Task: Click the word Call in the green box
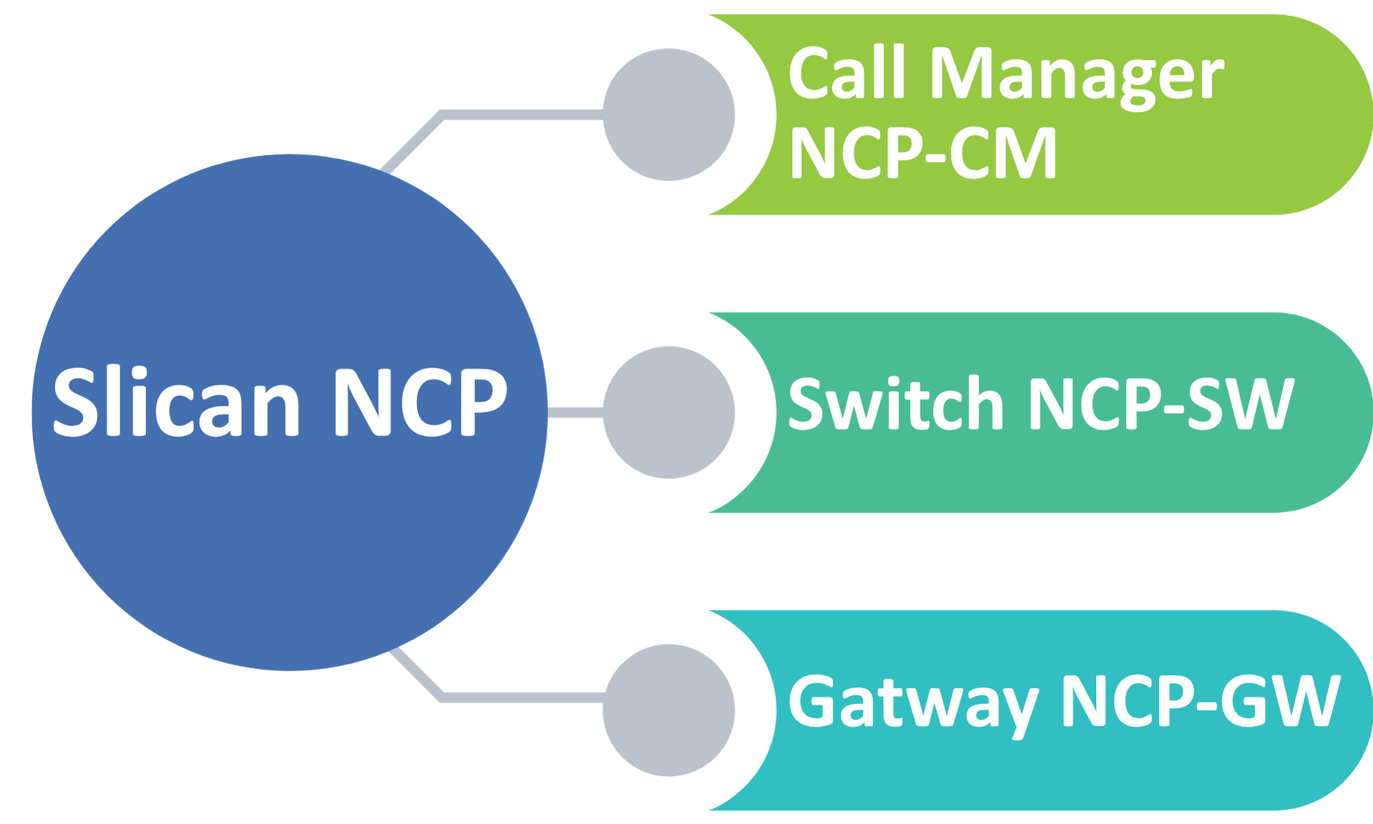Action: pos(848,74)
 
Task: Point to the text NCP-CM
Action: pos(923,152)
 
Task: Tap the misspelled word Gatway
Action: pos(912,703)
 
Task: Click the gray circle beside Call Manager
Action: pos(668,115)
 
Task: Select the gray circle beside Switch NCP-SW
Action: pos(668,412)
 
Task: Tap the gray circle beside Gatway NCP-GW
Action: pos(668,710)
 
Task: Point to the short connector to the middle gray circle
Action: pos(575,412)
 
